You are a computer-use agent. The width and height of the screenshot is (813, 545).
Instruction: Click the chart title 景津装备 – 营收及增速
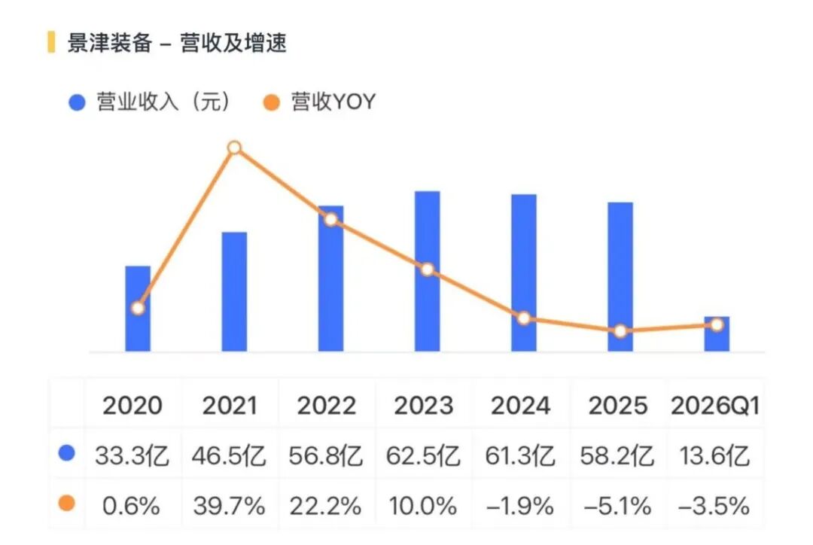[177, 42]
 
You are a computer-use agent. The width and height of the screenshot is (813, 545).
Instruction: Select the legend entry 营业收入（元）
[150, 102]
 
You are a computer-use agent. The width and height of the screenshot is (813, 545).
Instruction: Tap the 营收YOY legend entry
[319, 102]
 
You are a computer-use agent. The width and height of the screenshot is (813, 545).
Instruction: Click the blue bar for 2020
[138, 309]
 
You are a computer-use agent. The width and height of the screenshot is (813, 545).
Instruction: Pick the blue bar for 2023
[428, 271]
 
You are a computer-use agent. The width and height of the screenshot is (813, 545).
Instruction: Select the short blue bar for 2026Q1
[717, 334]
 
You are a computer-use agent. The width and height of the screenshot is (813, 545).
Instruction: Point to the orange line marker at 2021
[234, 148]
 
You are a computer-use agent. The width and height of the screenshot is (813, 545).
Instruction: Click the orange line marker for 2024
[524, 318]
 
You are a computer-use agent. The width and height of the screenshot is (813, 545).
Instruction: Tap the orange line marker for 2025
[620, 330]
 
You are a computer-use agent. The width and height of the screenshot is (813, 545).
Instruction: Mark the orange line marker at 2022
[330, 219]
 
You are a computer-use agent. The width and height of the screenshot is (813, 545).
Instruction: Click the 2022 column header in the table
[327, 406]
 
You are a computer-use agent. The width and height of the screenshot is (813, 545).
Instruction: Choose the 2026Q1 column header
[715, 406]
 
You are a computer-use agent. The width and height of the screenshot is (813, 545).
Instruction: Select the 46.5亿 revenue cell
[229, 456]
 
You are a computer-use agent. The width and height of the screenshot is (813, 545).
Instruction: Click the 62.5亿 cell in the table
[423, 456]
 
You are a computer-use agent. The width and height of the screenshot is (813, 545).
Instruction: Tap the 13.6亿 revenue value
[714, 456]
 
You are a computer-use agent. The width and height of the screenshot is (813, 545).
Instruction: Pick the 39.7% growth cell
[229, 506]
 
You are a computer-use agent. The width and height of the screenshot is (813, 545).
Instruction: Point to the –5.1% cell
[617, 506]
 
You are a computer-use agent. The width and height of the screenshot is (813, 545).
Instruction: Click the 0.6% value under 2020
[131, 506]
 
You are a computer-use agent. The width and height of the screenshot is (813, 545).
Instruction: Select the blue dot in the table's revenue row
[67, 453]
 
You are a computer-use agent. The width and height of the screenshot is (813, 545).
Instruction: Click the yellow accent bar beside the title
[51, 42]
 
